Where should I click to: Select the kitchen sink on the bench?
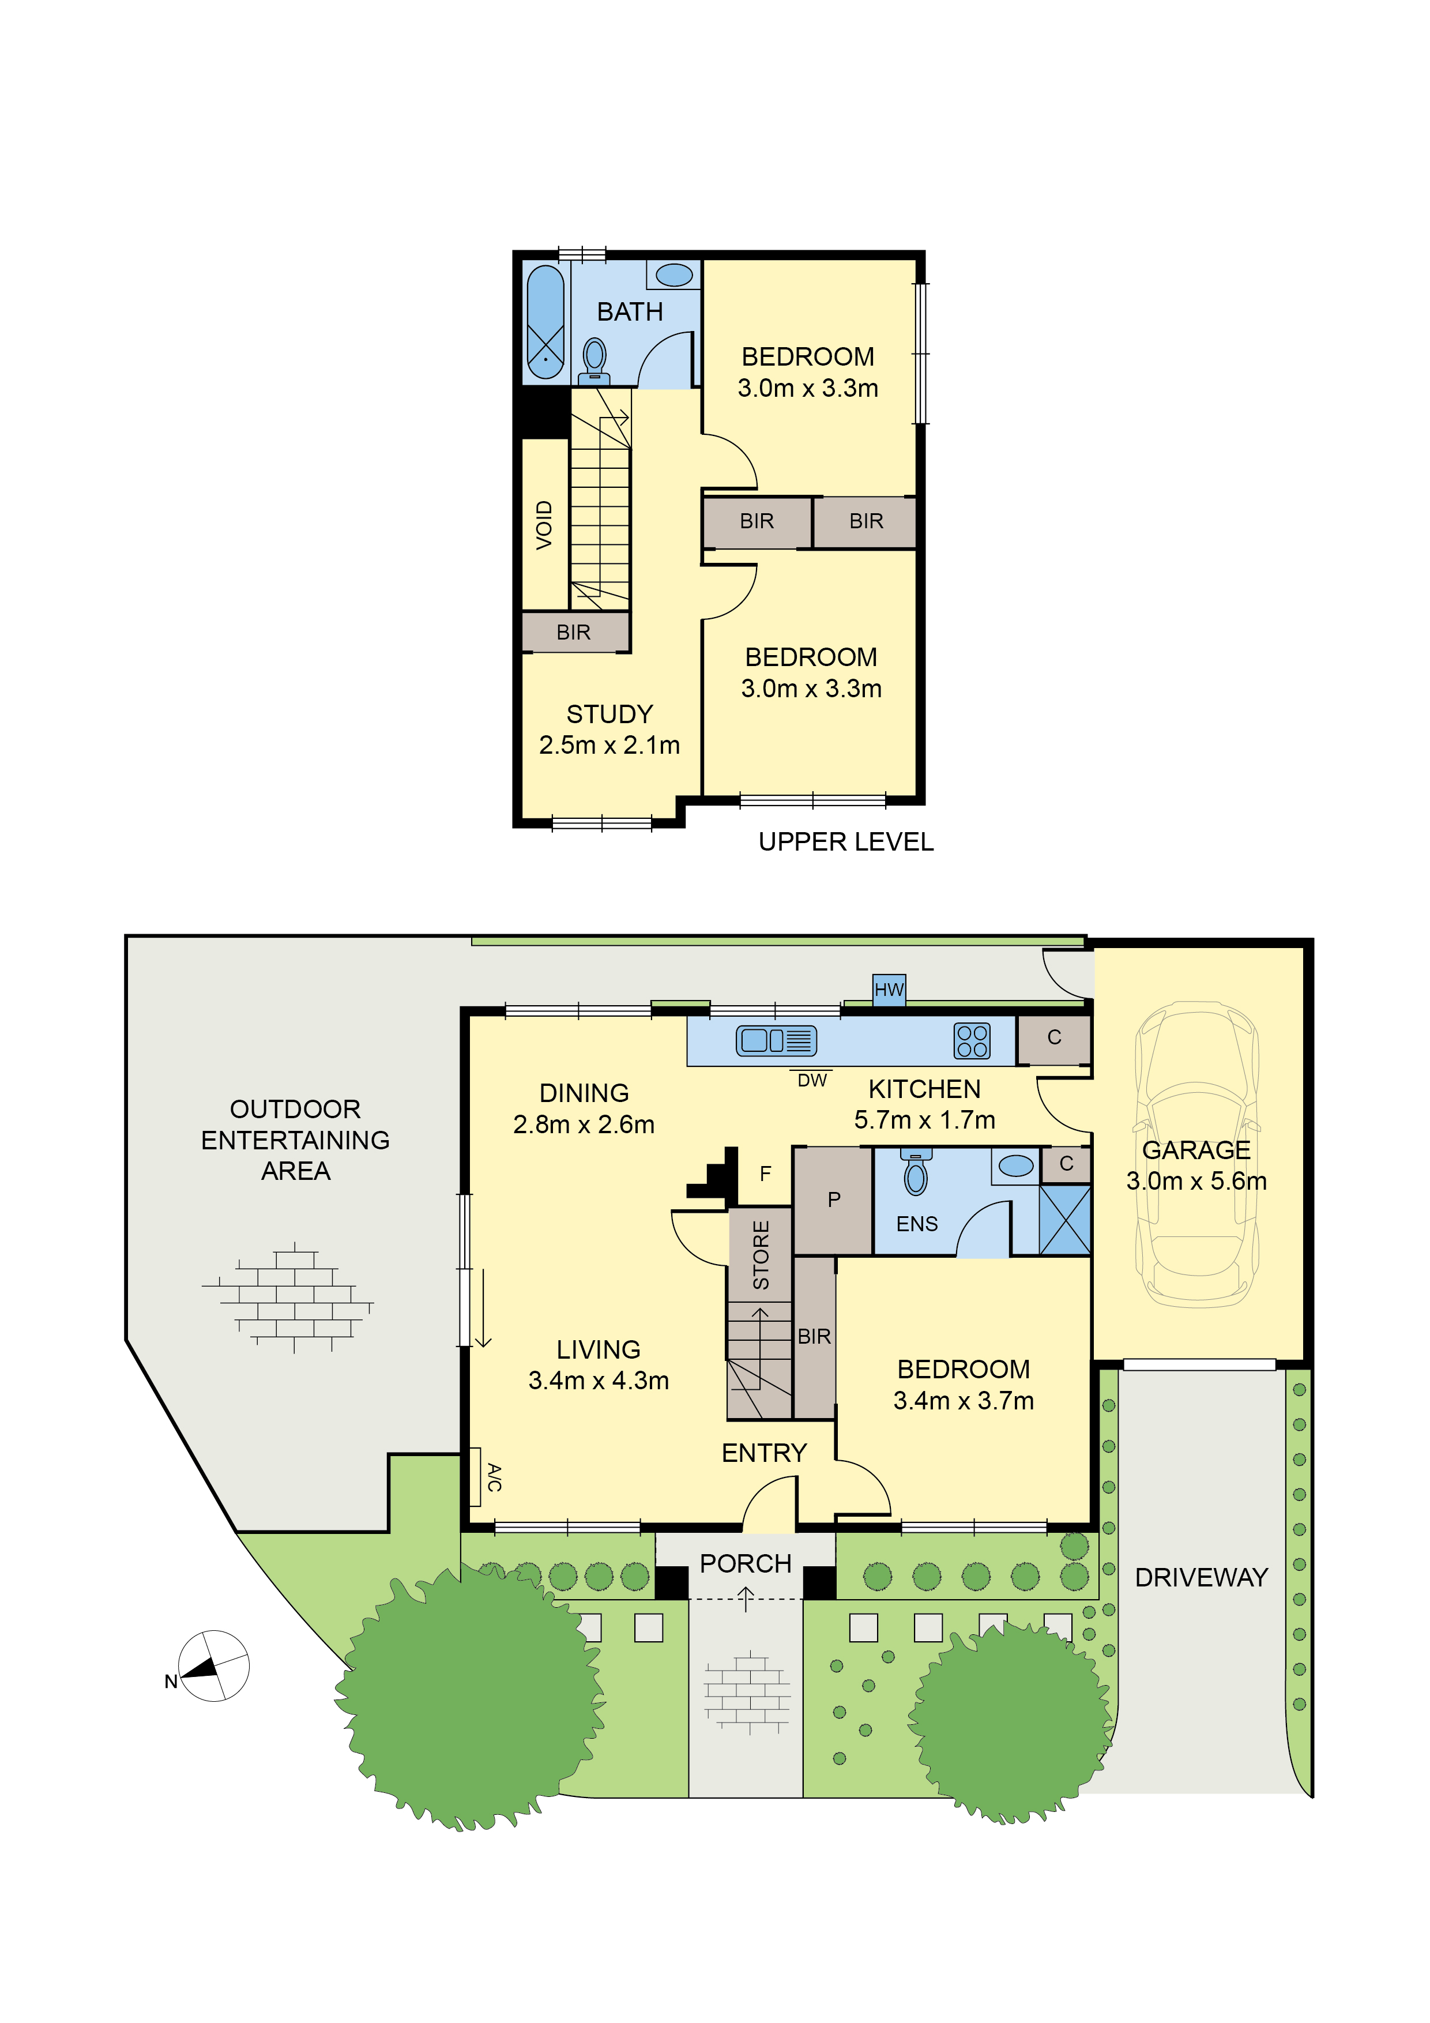pos(776,1040)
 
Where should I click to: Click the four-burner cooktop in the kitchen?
pos(972,1040)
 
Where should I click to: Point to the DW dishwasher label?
pos(811,1080)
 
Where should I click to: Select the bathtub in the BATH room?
pos(545,322)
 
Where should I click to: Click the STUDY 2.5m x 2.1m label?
pos(609,729)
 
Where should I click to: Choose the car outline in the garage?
pos(1196,1155)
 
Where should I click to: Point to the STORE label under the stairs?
pos(761,1255)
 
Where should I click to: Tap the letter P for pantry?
pos(834,1199)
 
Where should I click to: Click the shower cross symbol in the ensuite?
pos(1064,1220)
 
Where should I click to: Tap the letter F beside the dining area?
pos(765,1174)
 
